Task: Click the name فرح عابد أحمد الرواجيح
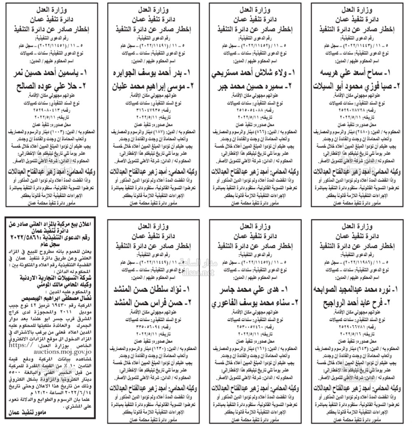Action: coord(358,302)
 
